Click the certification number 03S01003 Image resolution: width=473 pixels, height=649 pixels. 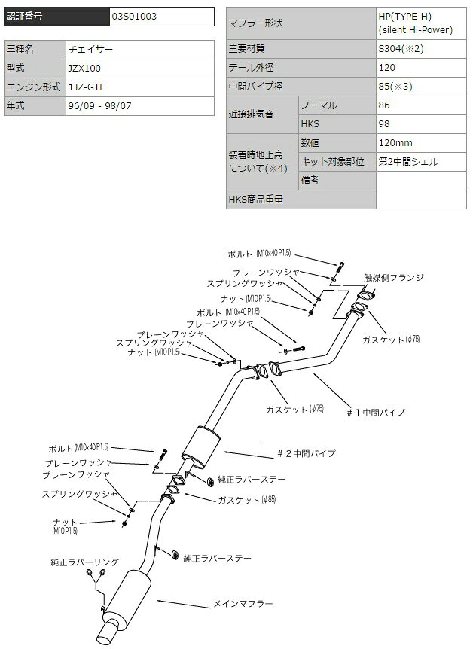point(134,17)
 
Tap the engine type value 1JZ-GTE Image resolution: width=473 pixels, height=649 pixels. point(87,87)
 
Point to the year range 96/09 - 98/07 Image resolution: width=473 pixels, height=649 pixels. point(99,105)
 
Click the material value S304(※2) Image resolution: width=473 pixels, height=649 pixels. point(401,48)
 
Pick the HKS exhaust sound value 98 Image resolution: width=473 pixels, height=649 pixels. point(384,123)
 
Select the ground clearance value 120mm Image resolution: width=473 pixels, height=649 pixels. point(395,143)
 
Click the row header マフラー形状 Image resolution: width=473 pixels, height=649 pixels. point(255,23)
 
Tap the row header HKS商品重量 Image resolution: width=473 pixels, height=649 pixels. point(255,199)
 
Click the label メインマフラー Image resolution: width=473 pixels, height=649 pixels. point(243,604)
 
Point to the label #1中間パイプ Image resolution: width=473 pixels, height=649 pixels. point(376,413)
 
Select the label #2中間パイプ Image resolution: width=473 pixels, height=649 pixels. point(307,454)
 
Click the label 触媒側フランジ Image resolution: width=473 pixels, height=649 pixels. point(394,277)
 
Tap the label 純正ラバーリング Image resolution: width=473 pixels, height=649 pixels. point(84,562)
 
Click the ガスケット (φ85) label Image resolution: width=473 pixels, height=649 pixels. point(247,500)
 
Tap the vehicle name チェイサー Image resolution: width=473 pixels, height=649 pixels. point(90,49)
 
